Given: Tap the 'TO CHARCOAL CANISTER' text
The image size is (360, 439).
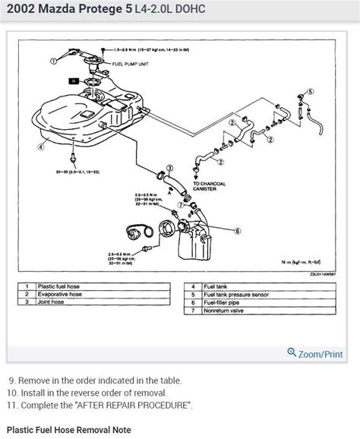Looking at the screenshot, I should (210, 187).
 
